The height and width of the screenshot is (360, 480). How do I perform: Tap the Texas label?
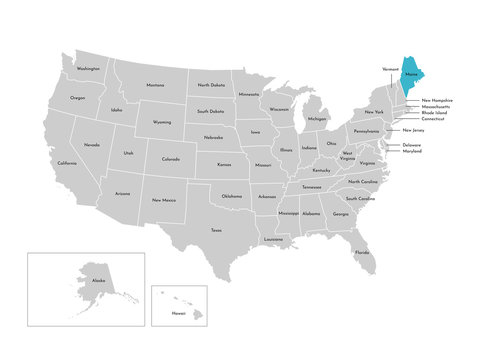(x=216, y=229)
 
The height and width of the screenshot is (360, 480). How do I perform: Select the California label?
(x=66, y=163)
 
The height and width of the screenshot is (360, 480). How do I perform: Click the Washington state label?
(x=87, y=69)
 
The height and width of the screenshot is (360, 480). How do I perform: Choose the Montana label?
(x=154, y=85)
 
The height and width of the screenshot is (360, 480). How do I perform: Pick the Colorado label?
(x=170, y=158)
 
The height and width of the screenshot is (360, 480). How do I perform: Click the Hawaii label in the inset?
(x=177, y=311)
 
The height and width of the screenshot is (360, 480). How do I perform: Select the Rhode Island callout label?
(x=434, y=113)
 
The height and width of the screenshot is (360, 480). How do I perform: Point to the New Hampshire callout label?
(x=437, y=100)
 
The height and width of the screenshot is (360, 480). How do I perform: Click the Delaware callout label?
(x=412, y=145)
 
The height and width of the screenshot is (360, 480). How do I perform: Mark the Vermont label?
(x=390, y=69)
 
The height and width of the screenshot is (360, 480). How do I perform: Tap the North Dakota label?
(x=210, y=85)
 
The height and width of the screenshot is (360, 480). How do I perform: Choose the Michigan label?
(x=317, y=119)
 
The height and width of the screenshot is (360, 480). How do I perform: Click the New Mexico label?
(x=164, y=200)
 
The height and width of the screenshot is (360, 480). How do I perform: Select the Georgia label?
(x=341, y=214)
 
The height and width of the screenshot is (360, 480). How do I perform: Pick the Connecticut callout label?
(x=433, y=119)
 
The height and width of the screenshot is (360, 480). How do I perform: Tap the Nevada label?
(x=91, y=145)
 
